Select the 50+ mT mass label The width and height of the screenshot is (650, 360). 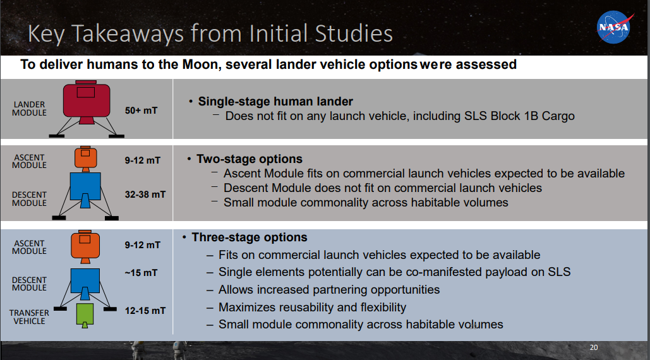(x=141, y=111)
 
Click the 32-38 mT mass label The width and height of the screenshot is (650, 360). (x=145, y=195)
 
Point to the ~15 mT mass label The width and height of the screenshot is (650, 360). (x=141, y=273)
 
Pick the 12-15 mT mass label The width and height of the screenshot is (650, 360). (x=145, y=311)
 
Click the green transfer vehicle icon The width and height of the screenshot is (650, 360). (x=85, y=316)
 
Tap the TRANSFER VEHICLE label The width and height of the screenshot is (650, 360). (x=29, y=317)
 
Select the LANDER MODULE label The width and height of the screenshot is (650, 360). (x=29, y=109)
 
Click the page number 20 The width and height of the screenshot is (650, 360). (x=594, y=347)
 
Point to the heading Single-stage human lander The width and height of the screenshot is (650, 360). (x=275, y=102)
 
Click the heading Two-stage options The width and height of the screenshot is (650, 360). (x=249, y=159)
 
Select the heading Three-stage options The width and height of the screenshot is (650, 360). (x=249, y=237)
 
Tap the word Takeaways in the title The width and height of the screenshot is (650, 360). (x=128, y=34)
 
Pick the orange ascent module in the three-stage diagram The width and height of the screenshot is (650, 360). (x=85, y=247)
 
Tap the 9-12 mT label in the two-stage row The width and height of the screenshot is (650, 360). (x=143, y=160)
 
